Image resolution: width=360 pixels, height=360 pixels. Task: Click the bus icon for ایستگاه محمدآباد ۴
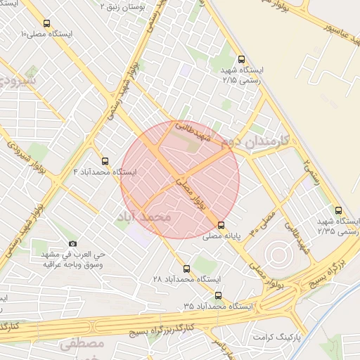[105, 161]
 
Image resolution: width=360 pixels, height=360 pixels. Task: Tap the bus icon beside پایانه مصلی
[221, 226]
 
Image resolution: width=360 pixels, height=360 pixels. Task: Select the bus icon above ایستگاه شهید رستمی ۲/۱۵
[242, 60]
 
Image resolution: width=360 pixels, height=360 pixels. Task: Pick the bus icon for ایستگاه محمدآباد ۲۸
[186, 269]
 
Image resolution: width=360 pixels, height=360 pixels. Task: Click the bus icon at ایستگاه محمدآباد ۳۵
[218, 295]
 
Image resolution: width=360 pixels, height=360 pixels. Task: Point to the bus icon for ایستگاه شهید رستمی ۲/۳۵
[339, 210]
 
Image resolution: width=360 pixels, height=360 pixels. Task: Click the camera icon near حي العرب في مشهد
[73, 243]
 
